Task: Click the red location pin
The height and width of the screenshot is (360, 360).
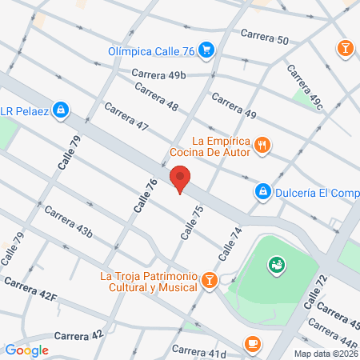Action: point(180,179)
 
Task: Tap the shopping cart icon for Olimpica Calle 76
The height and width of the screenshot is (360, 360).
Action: point(206,50)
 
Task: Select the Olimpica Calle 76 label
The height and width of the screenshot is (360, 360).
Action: point(153,52)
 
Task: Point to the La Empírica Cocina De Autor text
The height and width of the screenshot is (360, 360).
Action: point(210,146)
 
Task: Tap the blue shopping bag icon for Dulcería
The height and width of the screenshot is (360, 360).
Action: point(262,191)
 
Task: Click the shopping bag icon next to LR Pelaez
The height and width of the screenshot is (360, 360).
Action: point(61,110)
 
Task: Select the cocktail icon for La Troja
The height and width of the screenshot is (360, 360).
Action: point(209,279)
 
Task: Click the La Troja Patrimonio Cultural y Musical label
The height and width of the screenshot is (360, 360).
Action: point(149,282)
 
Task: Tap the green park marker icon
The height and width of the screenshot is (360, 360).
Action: point(277,263)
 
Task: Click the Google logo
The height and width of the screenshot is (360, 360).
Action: point(27,350)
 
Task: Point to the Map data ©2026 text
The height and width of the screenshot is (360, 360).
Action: point(325,354)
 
